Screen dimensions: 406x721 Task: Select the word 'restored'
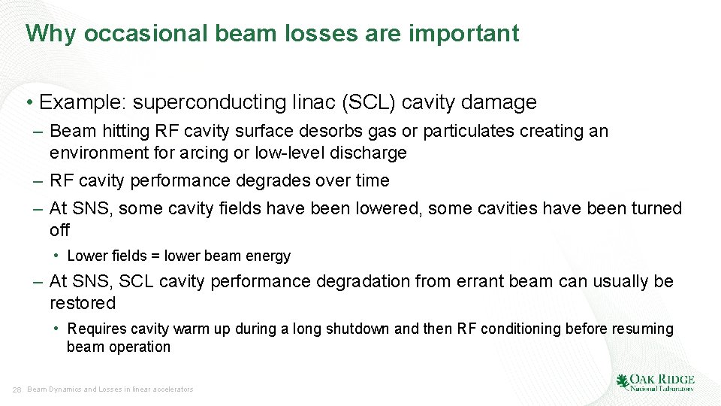click(83, 303)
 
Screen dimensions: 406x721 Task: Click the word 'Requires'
click(97, 329)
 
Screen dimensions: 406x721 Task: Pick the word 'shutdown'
click(360, 329)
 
